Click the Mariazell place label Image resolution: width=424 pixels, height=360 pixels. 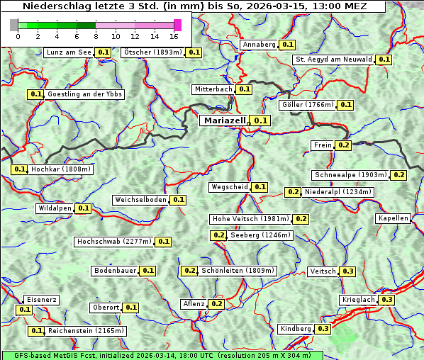(x=224, y=120)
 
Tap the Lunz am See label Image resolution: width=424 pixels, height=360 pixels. (x=68, y=52)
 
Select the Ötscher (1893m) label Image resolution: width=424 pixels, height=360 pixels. (x=152, y=52)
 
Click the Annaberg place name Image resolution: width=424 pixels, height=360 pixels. (x=259, y=44)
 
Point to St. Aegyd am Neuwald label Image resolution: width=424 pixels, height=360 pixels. (x=333, y=60)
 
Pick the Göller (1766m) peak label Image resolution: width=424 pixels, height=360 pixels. (x=307, y=105)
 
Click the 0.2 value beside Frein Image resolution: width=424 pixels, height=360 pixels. (x=344, y=145)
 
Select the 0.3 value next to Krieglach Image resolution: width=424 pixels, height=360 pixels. (x=386, y=300)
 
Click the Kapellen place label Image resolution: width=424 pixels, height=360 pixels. (x=394, y=218)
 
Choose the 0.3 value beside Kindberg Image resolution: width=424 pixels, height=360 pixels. (x=323, y=329)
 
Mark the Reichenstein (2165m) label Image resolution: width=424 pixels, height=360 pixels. (x=87, y=331)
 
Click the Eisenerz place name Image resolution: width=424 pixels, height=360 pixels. (x=41, y=300)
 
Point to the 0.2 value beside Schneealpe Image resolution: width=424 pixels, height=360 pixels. (x=399, y=175)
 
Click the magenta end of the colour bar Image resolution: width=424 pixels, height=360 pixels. (x=177, y=25)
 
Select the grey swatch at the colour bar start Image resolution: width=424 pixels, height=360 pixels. (x=14, y=25)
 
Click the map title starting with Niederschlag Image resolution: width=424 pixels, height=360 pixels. (x=195, y=6)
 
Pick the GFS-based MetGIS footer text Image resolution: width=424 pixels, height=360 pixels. (x=162, y=355)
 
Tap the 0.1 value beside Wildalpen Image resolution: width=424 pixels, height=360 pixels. (x=84, y=208)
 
